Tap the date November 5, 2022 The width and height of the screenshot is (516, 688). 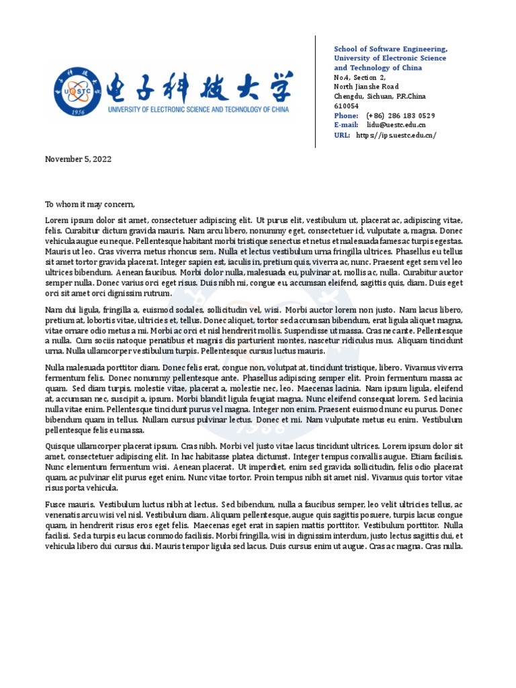pos(78,159)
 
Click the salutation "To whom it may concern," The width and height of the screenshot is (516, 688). pos(90,205)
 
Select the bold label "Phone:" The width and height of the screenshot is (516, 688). pos(346,116)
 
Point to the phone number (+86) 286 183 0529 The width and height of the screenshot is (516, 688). pos(400,116)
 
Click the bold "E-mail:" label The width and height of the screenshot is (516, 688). pos(347,125)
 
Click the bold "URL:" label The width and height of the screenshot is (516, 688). pos(342,135)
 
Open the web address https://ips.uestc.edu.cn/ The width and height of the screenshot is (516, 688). pos(396,135)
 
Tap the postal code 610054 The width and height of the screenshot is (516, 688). pos(347,106)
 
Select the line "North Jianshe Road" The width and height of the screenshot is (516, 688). pos(366,87)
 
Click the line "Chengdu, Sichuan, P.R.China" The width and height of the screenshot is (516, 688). pos(380,96)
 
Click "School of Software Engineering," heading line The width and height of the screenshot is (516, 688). pos(391,50)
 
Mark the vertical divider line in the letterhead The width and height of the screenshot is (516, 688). pos(316,91)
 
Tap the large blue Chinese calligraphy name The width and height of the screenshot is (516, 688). pos(198,86)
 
